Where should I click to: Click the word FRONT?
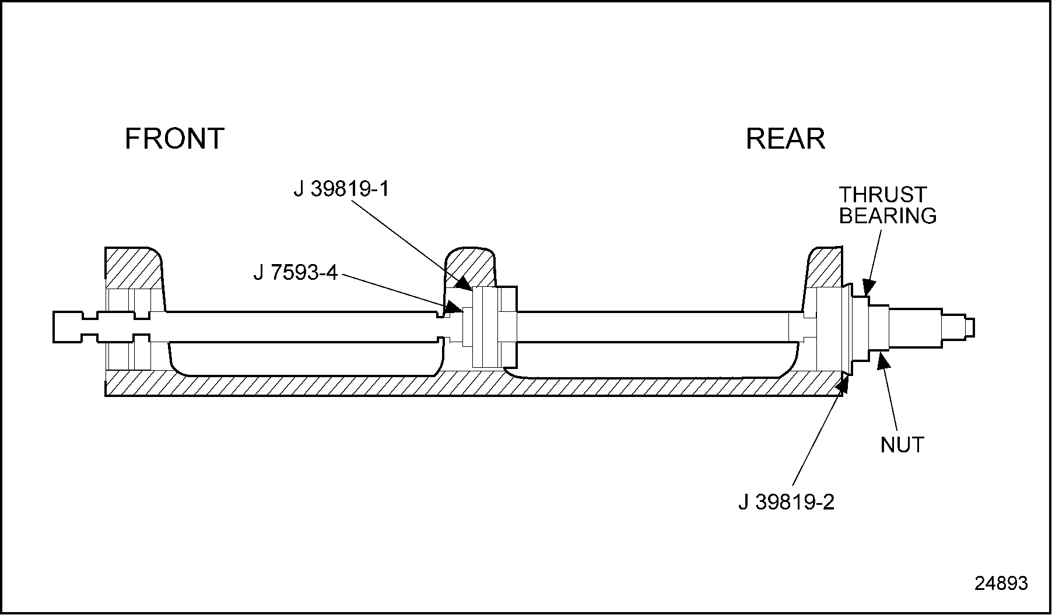pos(174,139)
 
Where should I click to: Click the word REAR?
pos(785,139)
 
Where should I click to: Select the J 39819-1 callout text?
pos(341,189)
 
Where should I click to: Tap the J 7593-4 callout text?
pos(295,272)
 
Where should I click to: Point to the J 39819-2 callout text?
pos(786,502)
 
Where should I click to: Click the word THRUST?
pos(882,194)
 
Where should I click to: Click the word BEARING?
pos(888,216)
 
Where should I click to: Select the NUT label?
pos(902,445)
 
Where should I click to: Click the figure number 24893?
pos(1001,584)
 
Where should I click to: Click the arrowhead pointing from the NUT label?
pos(882,360)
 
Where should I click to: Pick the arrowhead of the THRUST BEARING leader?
pos(868,287)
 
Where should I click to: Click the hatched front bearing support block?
pos(133,268)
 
